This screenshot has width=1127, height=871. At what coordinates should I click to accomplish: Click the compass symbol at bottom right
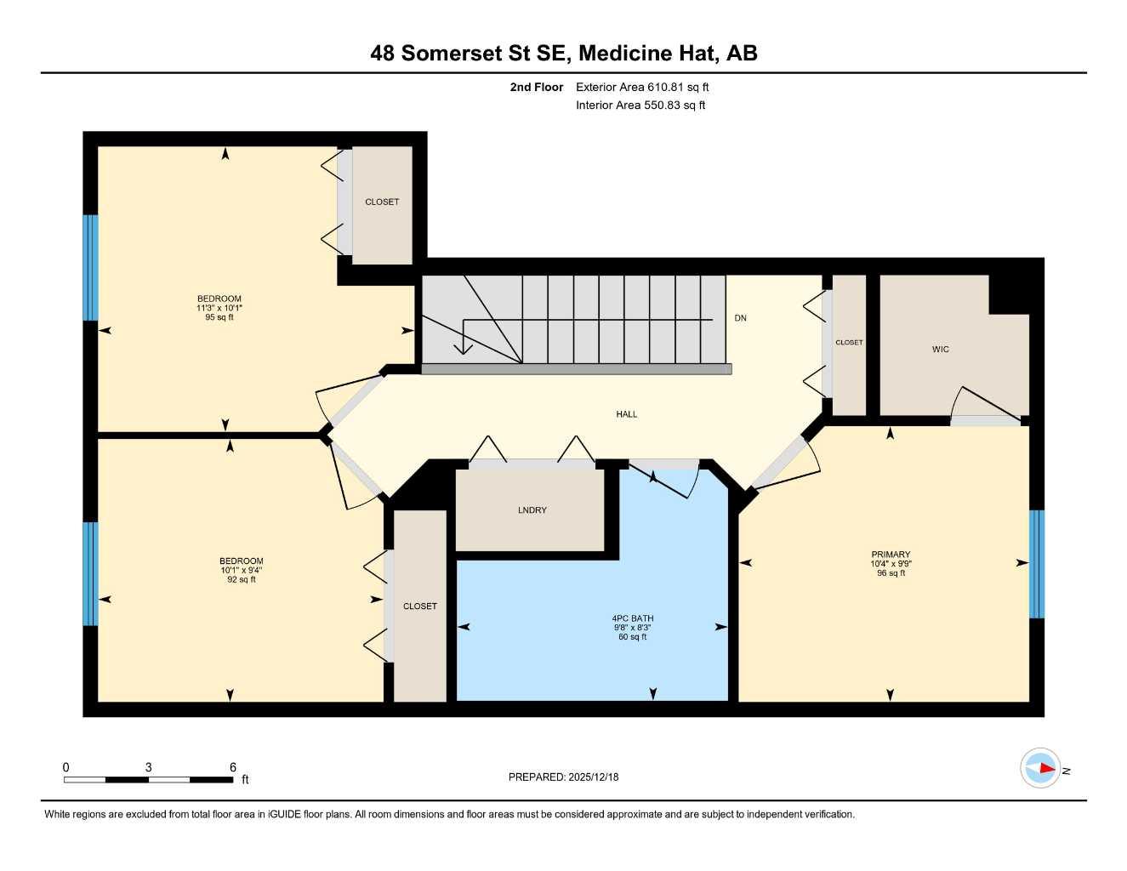point(1040,768)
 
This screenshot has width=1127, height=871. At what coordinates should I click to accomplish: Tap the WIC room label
point(940,350)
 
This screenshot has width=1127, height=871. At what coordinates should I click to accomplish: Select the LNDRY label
point(532,510)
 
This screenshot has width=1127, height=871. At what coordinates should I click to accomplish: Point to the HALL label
point(627,414)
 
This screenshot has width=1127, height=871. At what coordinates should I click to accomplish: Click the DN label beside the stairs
point(740,318)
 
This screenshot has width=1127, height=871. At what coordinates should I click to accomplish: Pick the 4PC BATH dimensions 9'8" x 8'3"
point(632,628)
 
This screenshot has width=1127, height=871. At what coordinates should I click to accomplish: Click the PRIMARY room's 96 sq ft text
point(891,573)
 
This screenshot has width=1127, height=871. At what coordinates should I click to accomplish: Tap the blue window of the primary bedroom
point(1036,564)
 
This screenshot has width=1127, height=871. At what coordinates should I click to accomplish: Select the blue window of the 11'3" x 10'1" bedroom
point(90,268)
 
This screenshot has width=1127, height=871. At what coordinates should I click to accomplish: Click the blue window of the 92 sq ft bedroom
point(90,573)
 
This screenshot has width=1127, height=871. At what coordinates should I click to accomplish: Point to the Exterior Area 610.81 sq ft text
point(642,87)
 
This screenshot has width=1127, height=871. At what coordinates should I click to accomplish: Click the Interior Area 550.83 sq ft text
point(640,105)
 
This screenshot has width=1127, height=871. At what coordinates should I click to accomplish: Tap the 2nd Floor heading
point(536,87)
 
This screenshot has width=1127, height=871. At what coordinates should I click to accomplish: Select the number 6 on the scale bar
point(232,767)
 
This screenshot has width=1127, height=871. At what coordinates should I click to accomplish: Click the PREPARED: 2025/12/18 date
point(563,777)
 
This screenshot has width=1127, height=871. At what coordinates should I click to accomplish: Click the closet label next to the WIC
point(849,343)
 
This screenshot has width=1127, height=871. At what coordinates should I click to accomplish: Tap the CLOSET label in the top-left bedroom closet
point(382,202)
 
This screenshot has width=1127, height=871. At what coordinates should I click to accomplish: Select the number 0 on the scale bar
point(66,767)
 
